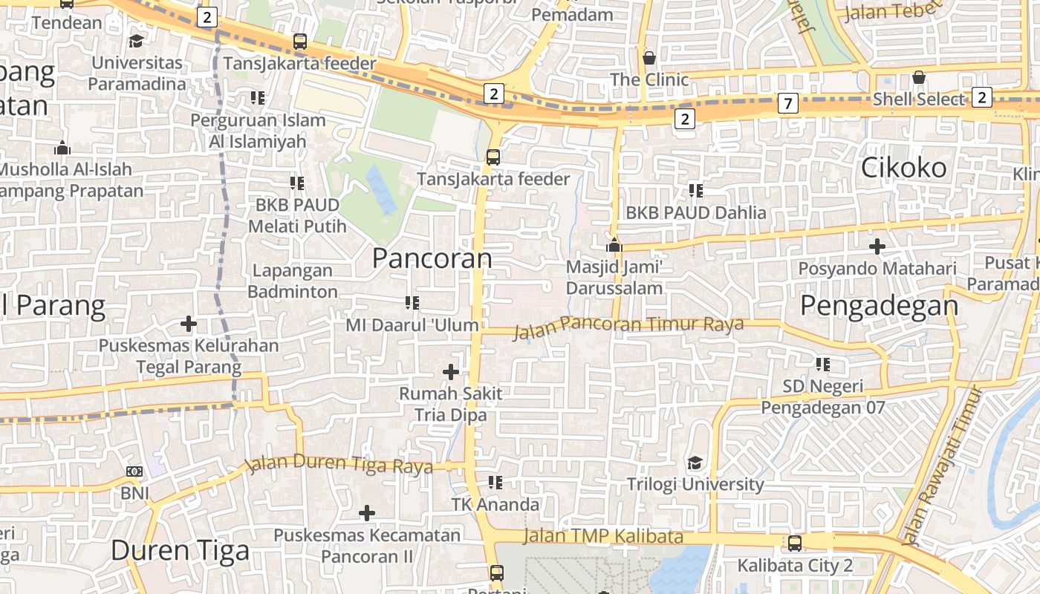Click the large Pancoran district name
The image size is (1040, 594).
click(432, 258)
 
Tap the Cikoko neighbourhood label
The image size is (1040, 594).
click(903, 168)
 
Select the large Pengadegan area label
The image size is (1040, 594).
click(880, 306)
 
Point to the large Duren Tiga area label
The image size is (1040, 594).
click(180, 550)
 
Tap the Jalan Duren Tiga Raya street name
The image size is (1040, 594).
click(339, 464)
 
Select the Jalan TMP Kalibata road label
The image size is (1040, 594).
click(602, 536)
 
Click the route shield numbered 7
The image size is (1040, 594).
click(787, 103)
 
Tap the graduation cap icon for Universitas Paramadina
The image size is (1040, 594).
click(137, 40)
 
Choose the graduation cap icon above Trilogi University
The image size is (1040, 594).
click(695, 463)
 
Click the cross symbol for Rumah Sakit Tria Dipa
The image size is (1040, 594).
click(450, 371)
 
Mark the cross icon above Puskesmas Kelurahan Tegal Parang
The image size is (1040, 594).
click(189, 324)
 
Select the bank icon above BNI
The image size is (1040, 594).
click(134, 471)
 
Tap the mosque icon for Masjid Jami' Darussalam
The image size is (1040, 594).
click(614, 245)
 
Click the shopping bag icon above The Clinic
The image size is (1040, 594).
click(649, 58)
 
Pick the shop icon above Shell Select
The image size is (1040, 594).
click(919, 77)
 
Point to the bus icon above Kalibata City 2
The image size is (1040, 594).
click(795, 544)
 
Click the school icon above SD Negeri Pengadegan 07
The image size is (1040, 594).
click(822, 364)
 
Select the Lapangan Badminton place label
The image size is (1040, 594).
click(293, 281)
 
